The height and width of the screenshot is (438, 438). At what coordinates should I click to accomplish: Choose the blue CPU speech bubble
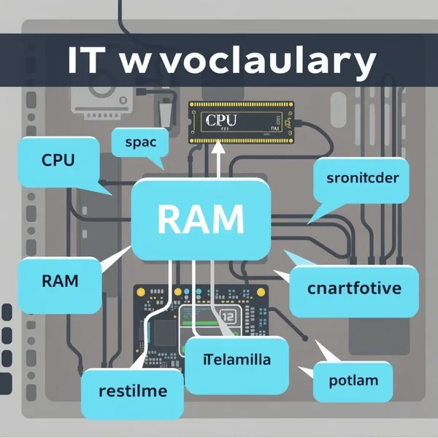(57, 161)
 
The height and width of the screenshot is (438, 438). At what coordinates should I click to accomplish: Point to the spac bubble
(140, 142)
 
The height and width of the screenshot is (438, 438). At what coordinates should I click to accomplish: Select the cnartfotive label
(354, 288)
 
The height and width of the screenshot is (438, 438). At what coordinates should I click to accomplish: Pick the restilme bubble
(132, 391)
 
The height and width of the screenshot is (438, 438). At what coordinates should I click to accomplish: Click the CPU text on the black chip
(223, 120)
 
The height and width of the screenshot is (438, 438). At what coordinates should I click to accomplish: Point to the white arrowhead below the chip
(218, 149)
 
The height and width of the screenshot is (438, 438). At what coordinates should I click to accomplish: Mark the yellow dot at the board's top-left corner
(140, 291)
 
